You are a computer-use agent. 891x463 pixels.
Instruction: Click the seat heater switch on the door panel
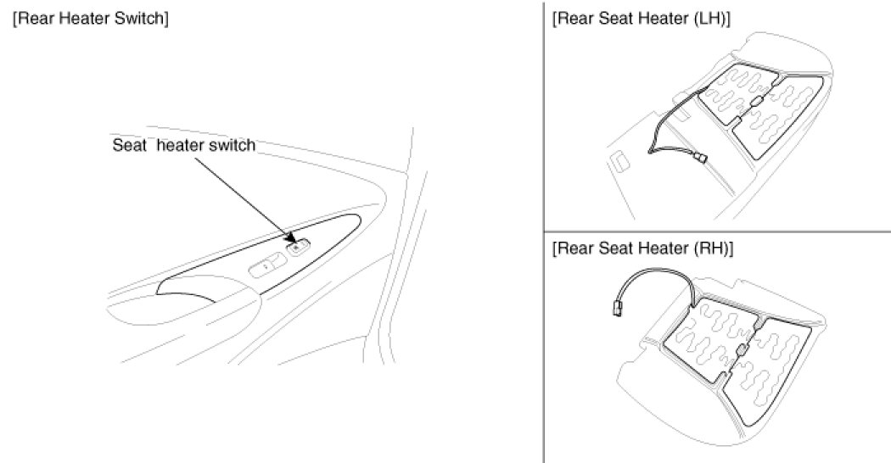299,248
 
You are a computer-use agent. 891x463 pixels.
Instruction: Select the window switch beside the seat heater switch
266,266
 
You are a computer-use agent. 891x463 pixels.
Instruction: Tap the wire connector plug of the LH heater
698,157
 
